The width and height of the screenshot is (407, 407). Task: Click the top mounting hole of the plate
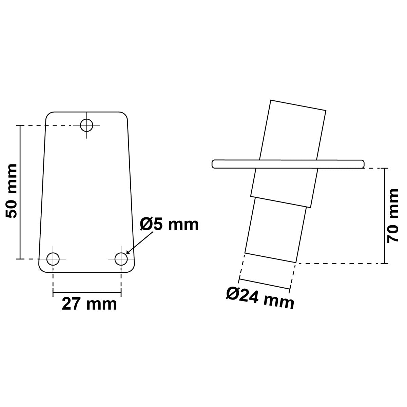click(87, 125)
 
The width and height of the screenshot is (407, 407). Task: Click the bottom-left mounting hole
click(53, 259)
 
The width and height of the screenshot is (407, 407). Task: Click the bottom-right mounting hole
click(121, 259)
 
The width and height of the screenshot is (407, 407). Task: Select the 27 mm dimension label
click(89, 304)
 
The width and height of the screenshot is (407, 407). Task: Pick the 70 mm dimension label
click(393, 215)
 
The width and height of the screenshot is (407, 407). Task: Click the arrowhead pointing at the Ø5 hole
click(127, 252)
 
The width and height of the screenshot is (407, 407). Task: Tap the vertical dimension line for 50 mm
click(20, 192)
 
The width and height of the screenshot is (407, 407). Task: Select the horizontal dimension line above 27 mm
click(87, 292)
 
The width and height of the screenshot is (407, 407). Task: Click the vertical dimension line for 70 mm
click(385, 215)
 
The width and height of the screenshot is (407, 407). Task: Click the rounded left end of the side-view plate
click(213, 163)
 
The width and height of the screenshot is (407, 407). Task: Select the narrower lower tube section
click(275, 231)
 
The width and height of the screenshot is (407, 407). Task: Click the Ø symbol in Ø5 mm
click(147, 224)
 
